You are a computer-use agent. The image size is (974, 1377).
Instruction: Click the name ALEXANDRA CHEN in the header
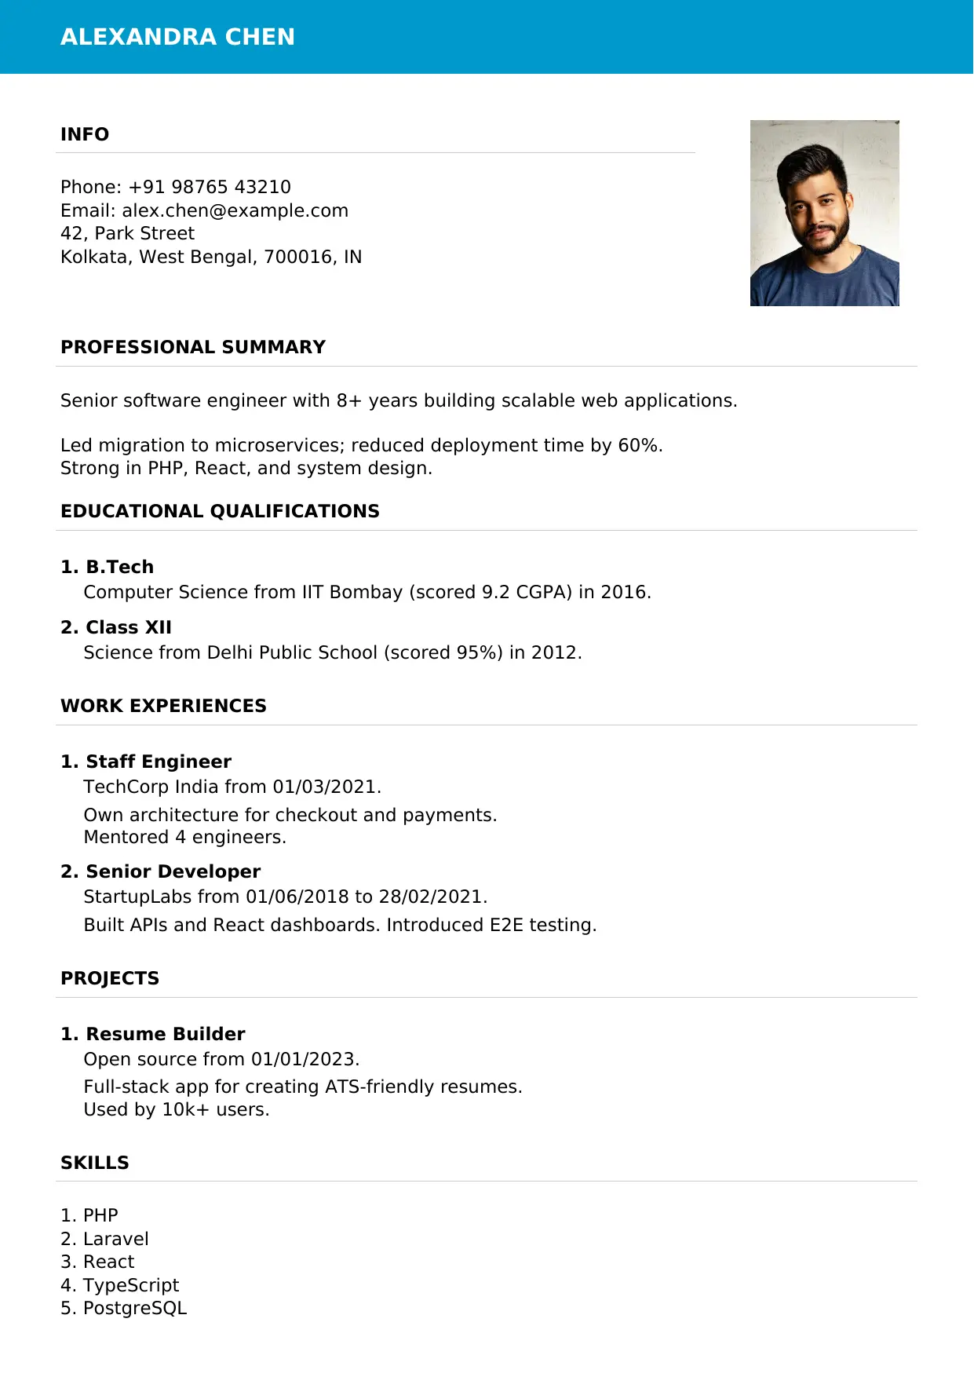pyautogui.click(x=177, y=37)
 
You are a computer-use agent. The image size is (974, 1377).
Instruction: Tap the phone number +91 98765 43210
pyautogui.click(x=210, y=187)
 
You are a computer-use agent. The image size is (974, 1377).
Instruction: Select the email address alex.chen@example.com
pyautogui.click(x=235, y=210)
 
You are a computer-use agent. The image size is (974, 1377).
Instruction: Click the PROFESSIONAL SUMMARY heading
pyautogui.click(x=193, y=347)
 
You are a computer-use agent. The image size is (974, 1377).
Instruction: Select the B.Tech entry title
pyautogui.click(x=119, y=567)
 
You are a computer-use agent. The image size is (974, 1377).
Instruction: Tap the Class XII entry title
pyautogui.click(x=128, y=627)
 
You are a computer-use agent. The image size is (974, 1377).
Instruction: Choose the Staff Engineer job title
pyautogui.click(x=159, y=762)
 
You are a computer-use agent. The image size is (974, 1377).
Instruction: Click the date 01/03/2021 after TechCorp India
pyautogui.click(x=324, y=787)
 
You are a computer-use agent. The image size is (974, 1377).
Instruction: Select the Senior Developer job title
pyautogui.click(x=173, y=871)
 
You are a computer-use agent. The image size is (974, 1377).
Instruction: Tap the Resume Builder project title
pyautogui.click(x=165, y=1034)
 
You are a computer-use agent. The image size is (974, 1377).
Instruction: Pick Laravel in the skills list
pyautogui.click(x=115, y=1239)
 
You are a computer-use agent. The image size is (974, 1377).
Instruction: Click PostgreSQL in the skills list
pyautogui.click(x=134, y=1308)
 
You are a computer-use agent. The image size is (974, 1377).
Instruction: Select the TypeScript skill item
pyautogui.click(x=131, y=1285)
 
